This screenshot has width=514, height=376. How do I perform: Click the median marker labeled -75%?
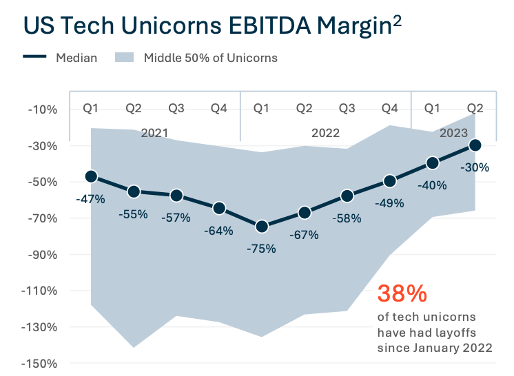click(262, 227)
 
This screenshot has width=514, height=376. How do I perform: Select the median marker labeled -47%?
click(91, 177)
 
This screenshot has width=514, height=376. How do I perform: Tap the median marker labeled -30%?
click(475, 145)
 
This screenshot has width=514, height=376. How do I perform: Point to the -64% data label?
click(219, 231)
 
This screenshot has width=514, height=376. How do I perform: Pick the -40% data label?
click(432, 185)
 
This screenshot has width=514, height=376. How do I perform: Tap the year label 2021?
click(154, 132)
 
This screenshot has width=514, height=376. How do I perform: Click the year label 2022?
click(326, 132)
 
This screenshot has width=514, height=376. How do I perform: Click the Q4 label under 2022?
click(390, 107)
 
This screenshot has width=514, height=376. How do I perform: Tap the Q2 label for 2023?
click(475, 107)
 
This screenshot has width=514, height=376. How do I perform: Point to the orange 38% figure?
click(402, 294)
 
